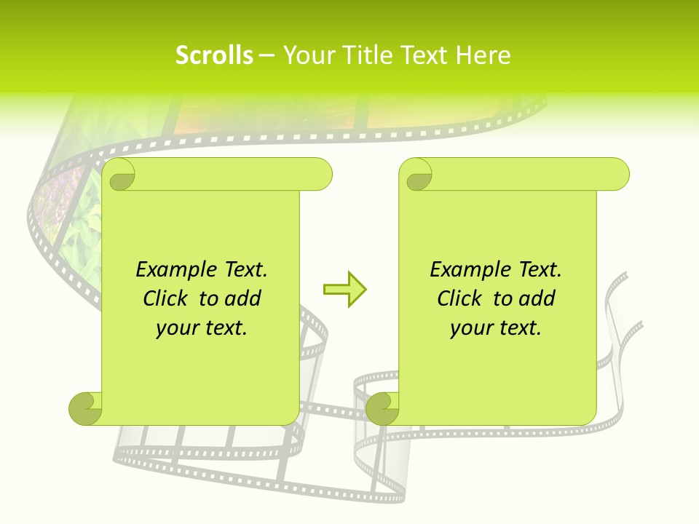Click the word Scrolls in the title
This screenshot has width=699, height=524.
pos(214,55)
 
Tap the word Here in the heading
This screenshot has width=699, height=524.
pos(483,55)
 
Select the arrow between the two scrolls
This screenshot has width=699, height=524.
pos(344,289)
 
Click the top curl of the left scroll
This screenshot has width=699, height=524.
pos(119,175)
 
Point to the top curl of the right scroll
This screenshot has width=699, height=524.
pos(416,175)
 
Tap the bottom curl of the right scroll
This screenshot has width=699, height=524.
pos(382,408)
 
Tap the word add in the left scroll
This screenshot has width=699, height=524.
pos(242,298)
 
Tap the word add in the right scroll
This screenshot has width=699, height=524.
pos(537,298)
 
